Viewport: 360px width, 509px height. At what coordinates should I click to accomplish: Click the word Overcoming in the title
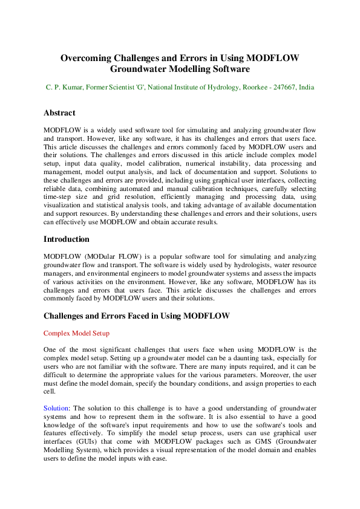(x=86, y=58)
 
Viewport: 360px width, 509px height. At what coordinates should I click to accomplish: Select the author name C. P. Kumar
(x=65, y=88)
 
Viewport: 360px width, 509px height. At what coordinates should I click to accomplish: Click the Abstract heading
(x=59, y=113)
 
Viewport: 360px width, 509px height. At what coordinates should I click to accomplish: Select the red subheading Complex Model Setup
(x=76, y=333)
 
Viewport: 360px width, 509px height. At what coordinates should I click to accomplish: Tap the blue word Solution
(x=56, y=408)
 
